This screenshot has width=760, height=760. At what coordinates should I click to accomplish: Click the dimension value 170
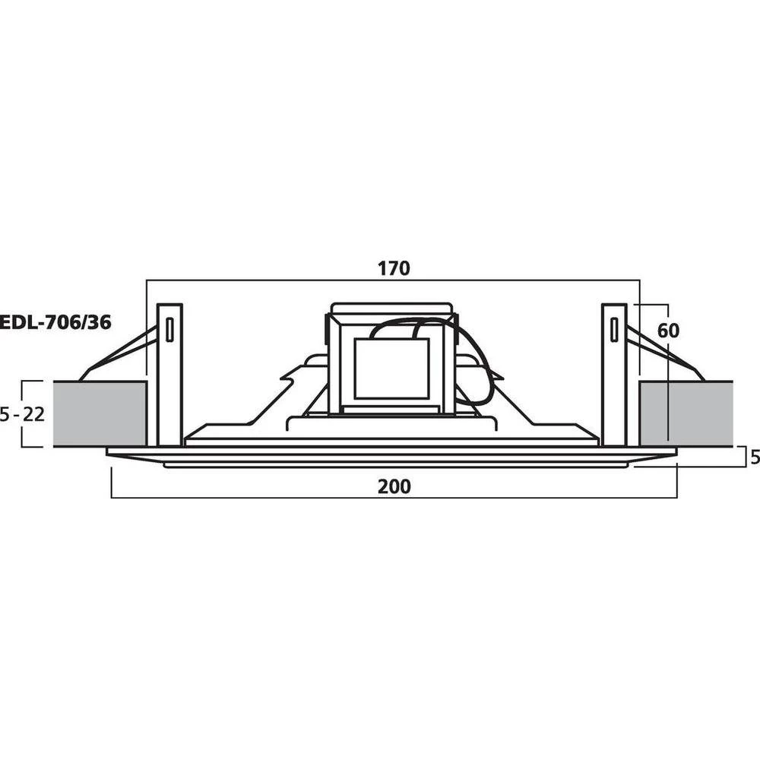pyautogui.click(x=393, y=268)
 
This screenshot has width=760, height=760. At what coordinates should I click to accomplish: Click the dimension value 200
pyautogui.click(x=394, y=486)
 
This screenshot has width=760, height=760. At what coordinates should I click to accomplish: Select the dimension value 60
pyautogui.click(x=669, y=331)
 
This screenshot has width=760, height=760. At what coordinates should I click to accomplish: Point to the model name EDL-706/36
pyautogui.click(x=55, y=322)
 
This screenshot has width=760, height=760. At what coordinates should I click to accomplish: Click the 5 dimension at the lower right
pyautogui.click(x=754, y=458)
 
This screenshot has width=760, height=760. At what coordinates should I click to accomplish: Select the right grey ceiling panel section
pyautogui.click(x=686, y=414)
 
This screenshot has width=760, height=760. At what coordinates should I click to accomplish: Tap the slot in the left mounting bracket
pyautogui.click(x=169, y=330)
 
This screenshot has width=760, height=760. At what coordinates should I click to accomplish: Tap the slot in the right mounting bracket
pyautogui.click(x=614, y=330)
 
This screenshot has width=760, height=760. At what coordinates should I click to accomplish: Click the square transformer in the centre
pyautogui.click(x=391, y=369)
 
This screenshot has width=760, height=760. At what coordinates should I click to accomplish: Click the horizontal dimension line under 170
pyautogui.click(x=393, y=280)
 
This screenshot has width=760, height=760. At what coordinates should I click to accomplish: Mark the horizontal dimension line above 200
pyautogui.click(x=394, y=498)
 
